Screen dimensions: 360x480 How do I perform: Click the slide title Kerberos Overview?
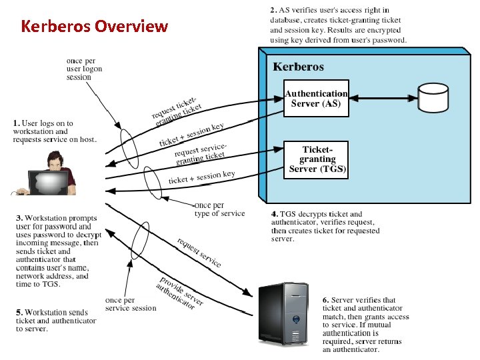coord(94,27)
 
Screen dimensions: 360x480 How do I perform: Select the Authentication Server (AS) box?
coord(316,98)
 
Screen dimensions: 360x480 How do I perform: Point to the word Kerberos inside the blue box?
coord(299,67)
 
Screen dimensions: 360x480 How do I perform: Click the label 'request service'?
coord(199,252)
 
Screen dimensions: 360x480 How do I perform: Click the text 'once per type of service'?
coord(220,209)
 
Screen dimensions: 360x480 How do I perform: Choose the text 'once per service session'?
coord(131,304)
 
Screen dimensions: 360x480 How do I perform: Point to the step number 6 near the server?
coord(325,300)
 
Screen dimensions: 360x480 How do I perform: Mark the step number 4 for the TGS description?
coord(274,214)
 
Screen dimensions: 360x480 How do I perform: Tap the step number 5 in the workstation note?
coord(18,313)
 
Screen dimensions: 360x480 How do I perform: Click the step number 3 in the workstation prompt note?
coord(18,218)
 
